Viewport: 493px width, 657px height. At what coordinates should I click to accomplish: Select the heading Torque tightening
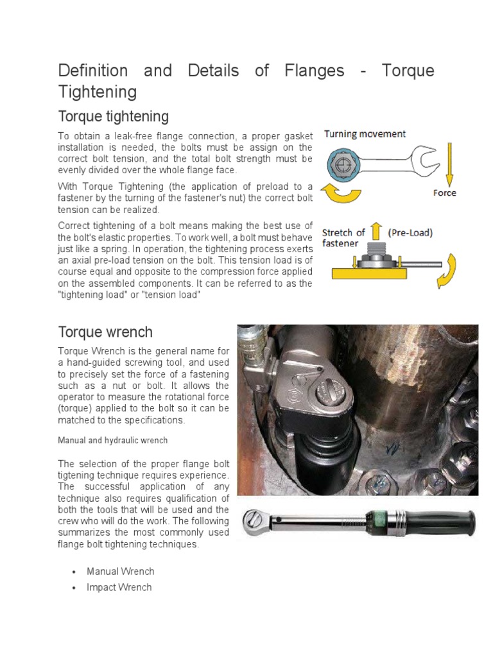pos(114,117)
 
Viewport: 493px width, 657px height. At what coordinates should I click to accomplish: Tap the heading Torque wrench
pos(105,332)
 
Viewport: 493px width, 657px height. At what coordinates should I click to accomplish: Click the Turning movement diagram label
pos(365,134)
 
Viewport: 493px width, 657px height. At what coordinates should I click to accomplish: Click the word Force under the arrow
pos(444,192)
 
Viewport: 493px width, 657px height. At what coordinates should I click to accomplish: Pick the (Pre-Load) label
pos(410,233)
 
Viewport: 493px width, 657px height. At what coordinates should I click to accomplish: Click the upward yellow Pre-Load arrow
pos(377,232)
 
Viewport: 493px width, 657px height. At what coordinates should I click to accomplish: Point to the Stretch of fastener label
pos(343,238)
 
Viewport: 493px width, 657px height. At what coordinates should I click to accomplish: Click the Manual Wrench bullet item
pos(121,571)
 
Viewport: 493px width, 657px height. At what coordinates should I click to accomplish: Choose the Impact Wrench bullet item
pos(119,587)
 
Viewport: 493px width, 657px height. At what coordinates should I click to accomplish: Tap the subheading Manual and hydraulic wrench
pos(113,441)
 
